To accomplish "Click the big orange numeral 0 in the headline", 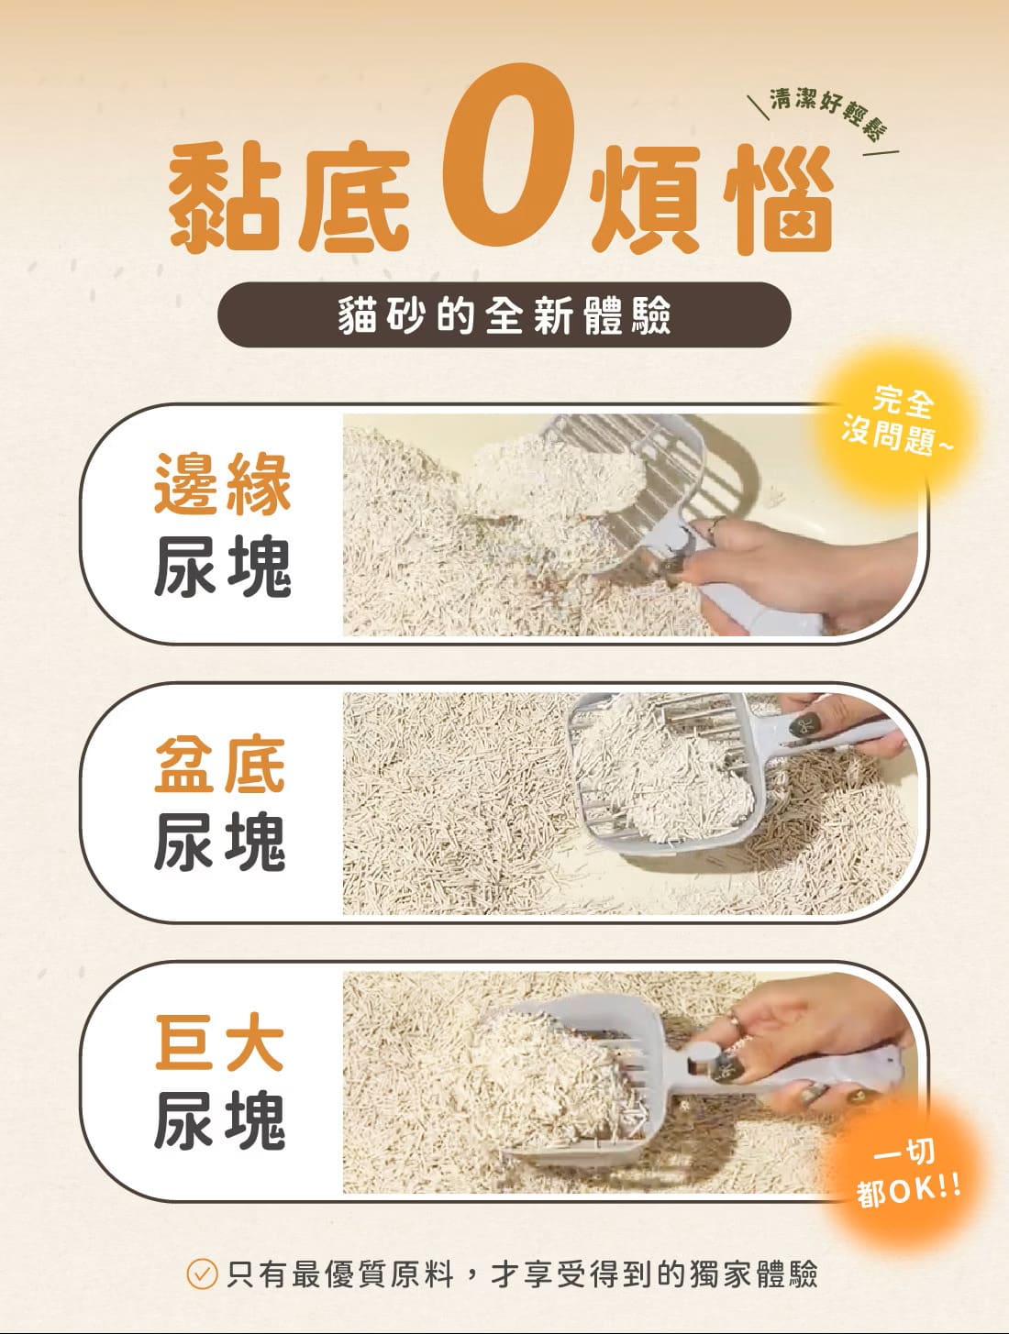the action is pos(508,155).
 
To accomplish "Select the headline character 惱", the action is pos(779,199).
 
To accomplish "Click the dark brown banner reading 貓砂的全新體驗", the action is pos(504,314).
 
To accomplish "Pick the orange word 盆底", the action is pos(220,764).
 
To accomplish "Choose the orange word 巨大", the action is pos(219,1042).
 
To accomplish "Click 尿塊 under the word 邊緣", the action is pos(223,567).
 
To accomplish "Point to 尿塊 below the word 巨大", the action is pos(219,1120).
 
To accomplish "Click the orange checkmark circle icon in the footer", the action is pos(202,1274).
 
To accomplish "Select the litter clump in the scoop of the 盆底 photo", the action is pos(662,772).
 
